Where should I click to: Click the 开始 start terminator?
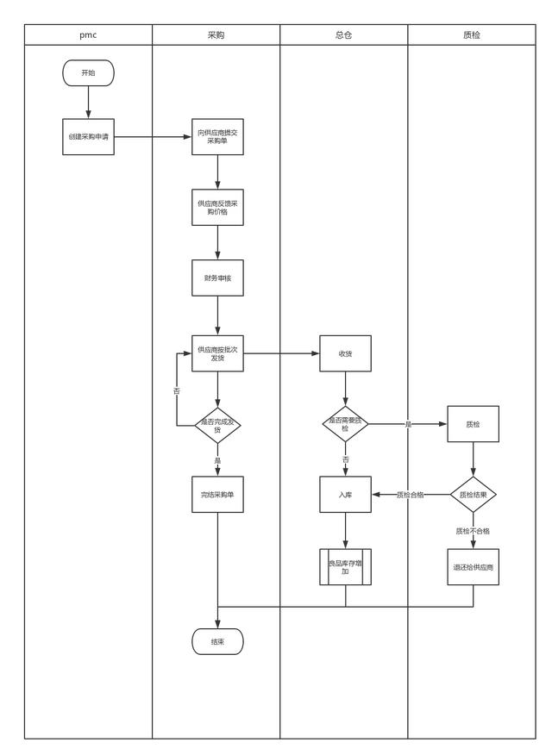[88, 73]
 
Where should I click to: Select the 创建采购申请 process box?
[88, 137]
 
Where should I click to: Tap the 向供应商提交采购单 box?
[217, 137]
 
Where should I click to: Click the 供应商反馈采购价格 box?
[217, 207]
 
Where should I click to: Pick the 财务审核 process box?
[217, 278]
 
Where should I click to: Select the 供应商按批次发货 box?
[217, 353]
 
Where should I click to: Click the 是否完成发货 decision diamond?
[217, 424]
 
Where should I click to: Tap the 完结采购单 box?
[217, 495]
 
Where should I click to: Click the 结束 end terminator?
[217, 641]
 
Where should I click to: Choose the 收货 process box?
[345, 353]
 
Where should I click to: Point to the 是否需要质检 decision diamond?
[345, 424]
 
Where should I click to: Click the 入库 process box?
[345, 495]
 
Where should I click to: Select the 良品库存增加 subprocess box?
[345, 566]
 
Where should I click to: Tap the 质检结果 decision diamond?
[473, 495]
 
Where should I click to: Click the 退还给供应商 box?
[473, 566]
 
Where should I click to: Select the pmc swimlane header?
[88, 35]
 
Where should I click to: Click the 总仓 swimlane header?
[343, 35]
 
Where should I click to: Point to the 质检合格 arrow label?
[410, 495]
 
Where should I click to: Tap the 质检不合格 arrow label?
[473, 531]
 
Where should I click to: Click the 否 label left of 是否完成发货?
[177, 391]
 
